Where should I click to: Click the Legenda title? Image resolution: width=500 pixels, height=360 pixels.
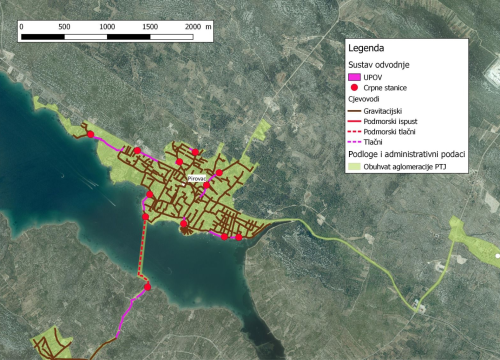point(368,47)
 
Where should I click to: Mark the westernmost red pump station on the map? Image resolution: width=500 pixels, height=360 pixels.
point(89,134)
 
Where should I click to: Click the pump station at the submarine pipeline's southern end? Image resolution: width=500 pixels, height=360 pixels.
point(147,287)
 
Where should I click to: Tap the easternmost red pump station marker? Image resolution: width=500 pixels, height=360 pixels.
point(238,237)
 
